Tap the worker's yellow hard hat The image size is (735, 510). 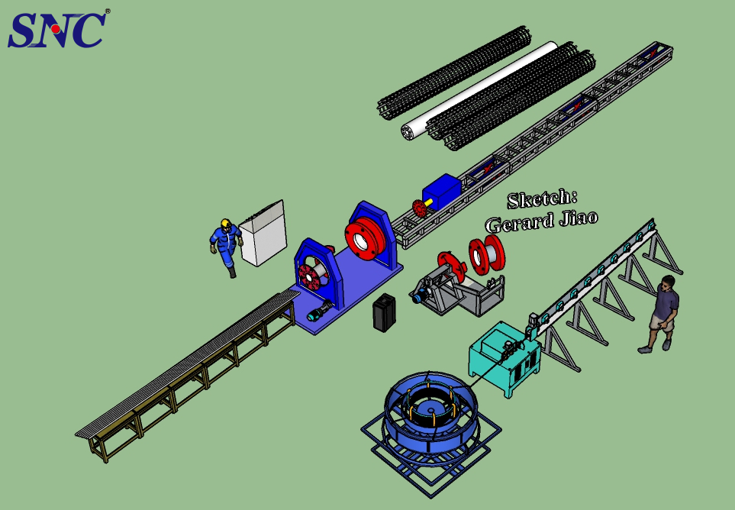point(226,224)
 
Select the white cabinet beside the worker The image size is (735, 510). point(263,233)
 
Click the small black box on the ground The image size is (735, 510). point(384,312)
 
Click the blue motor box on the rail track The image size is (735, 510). point(442,190)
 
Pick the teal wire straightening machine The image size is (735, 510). point(504,356)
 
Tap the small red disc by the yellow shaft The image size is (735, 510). point(417,208)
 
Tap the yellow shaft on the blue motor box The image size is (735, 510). point(430,202)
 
